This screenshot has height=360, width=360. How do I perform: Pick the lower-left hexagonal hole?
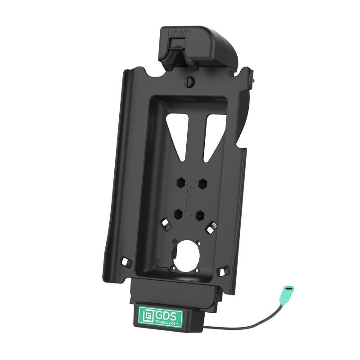tap(179, 212)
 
